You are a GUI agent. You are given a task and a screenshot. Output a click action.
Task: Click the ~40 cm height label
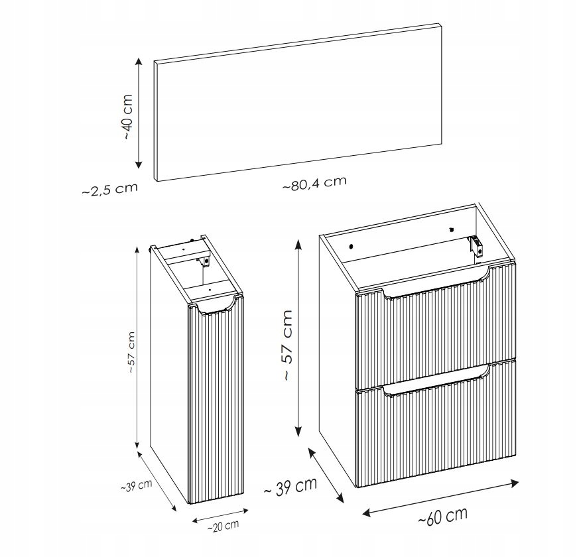pos(128,117)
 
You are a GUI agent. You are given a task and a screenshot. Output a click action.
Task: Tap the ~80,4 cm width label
pos(314,183)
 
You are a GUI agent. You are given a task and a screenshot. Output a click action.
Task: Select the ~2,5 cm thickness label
pos(109,189)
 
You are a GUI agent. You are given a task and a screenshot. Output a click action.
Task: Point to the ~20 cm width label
pos(223,526)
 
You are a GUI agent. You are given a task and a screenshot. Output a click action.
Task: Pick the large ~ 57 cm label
pos(287,345)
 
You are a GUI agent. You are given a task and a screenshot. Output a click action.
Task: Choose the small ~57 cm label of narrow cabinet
pos(132,353)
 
